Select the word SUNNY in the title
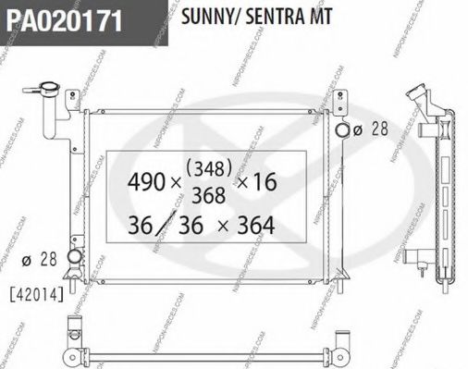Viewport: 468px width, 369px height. [204, 16]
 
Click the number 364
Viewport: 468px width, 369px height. [253, 225]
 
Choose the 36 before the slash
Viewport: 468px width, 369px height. [142, 225]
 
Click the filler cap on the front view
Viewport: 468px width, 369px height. [43, 90]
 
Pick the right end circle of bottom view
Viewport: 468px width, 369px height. [341, 356]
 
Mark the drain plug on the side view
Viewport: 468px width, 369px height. [423, 271]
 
